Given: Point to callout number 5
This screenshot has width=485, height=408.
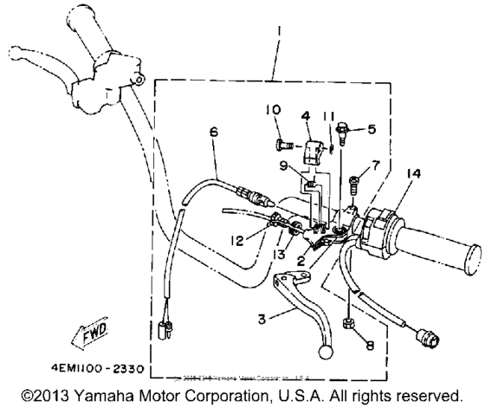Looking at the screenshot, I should (372, 130).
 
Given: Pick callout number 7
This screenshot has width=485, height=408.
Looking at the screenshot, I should (374, 164).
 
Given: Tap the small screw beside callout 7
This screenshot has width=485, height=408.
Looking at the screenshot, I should (353, 183).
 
